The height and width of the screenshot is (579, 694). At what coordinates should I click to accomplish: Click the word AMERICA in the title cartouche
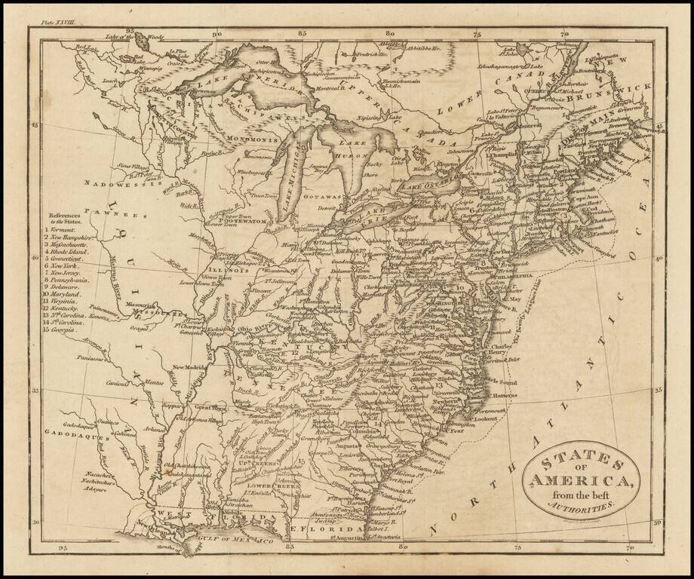[579, 481]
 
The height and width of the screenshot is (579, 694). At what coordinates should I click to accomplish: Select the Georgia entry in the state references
[65, 329]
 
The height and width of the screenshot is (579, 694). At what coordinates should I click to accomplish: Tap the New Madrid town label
[189, 367]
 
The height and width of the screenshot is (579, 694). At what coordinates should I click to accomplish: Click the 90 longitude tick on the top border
[217, 34]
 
